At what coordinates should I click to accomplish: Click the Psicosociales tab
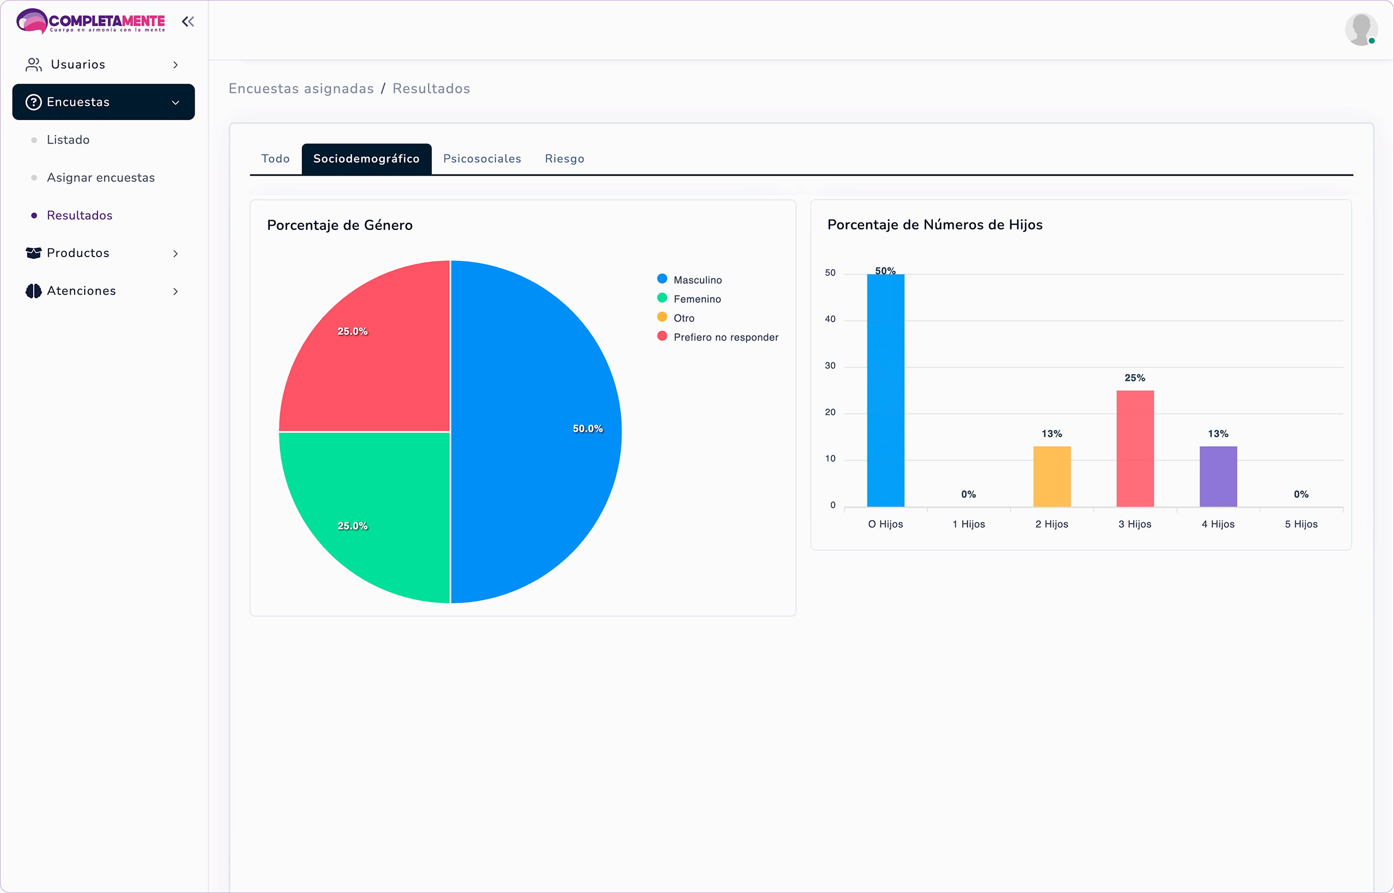(482, 159)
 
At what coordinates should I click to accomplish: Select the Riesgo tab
(564, 159)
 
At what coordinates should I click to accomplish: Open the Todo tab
(276, 159)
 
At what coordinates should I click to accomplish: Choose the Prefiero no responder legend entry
(725, 338)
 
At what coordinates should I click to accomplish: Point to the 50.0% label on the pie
(587, 428)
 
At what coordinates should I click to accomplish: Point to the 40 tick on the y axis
(830, 319)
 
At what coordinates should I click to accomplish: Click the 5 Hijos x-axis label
(1300, 524)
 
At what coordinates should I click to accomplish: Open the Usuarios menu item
(78, 64)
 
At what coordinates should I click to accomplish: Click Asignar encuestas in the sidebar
(101, 177)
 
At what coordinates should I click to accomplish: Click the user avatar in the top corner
(1360, 29)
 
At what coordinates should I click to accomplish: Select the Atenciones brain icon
(34, 291)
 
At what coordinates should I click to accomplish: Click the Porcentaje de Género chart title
(340, 225)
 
